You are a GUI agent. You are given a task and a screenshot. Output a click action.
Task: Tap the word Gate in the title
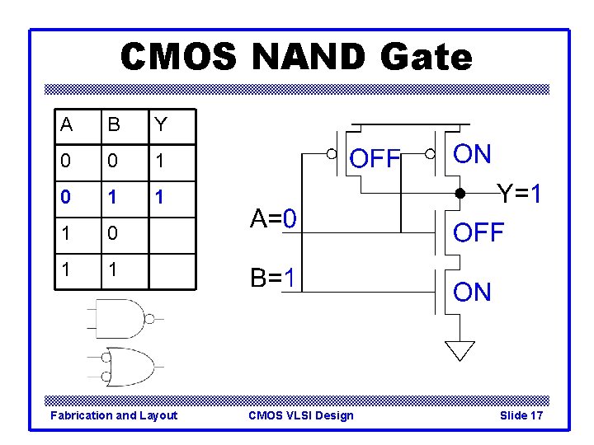click(427, 58)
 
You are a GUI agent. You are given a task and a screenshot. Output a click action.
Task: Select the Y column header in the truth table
click(161, 125)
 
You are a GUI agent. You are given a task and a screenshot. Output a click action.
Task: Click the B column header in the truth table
click(114, 125)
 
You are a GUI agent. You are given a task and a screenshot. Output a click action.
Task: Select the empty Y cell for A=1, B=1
click(172, 271)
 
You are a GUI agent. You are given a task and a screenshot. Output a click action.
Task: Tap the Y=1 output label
click(519, 195)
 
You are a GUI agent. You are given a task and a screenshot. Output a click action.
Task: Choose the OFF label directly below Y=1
click(478, 232)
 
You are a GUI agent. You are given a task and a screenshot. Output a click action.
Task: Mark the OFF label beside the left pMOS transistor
click(375, 158)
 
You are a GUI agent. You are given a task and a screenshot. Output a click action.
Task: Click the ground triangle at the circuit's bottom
click(460, 350)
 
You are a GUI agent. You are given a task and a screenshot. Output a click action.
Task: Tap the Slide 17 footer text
click(521, 415)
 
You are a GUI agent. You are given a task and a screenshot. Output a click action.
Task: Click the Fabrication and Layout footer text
click(114, 415)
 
